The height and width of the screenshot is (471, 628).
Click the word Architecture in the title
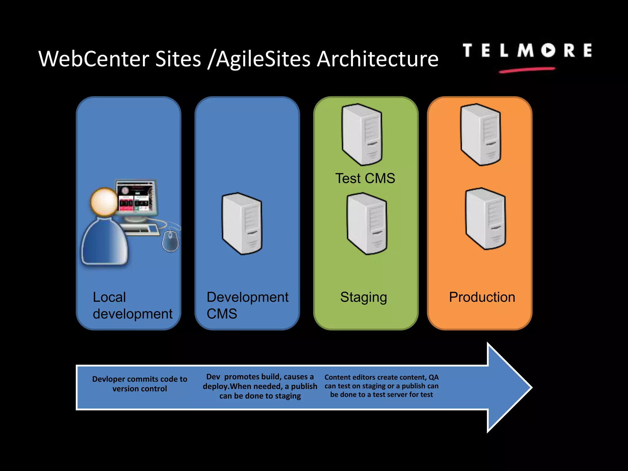point(377,59)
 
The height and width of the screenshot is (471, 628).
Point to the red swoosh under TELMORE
point(527,70)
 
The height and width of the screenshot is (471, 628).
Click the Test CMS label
point(365,178)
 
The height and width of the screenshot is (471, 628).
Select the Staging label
point(363,297)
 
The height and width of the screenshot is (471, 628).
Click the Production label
point(482,297)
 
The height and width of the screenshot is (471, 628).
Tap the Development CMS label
point(247,305)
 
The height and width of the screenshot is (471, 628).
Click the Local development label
point(132,305)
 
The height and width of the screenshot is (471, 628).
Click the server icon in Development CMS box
point(242,224)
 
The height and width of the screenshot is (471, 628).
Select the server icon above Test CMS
point(362,135)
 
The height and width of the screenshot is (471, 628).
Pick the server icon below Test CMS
point(367,224)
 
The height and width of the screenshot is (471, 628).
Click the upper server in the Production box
point(481,135)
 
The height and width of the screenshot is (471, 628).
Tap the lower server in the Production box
point(485,219)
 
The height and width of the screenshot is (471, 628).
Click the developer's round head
point(104,202)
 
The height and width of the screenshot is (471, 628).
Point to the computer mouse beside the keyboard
point(170,241)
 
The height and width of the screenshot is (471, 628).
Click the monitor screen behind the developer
point(137,197)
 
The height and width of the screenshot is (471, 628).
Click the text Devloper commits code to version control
point(140,384)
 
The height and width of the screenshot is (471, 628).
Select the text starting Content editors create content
point(381,386)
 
